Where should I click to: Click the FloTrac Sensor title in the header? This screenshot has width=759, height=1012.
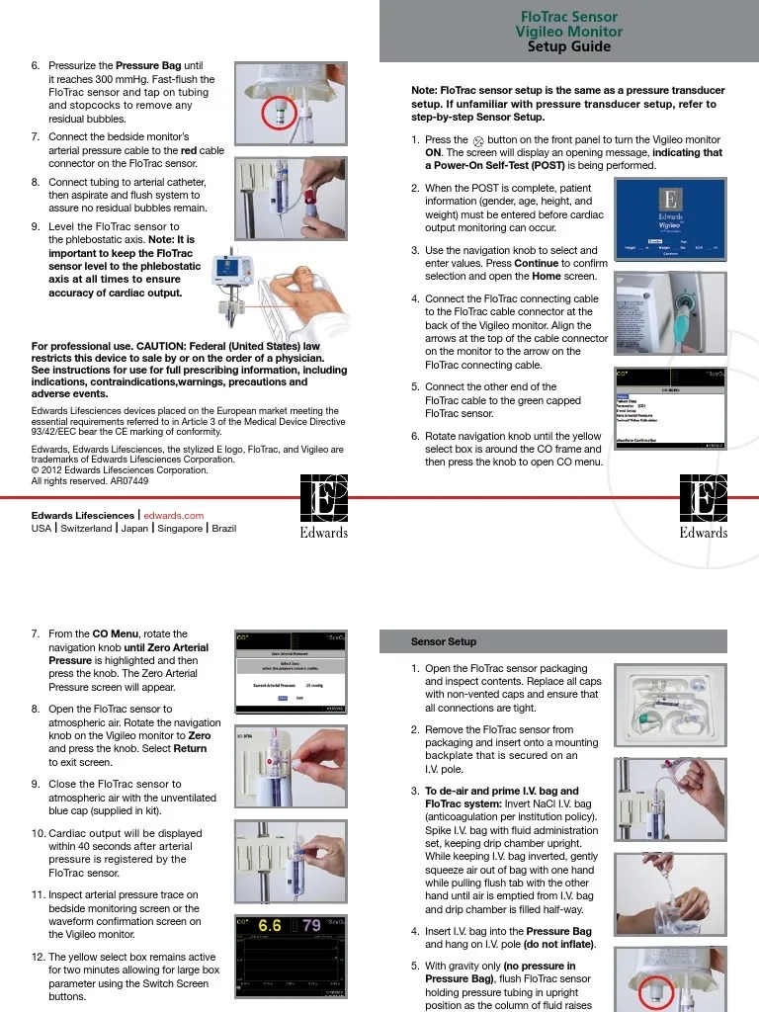tap(568, 17)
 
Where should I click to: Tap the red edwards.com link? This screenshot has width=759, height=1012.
tap(174, 515)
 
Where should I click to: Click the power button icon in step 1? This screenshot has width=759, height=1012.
tap(479, 141)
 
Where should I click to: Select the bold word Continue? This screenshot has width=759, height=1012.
tap(537, 264)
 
